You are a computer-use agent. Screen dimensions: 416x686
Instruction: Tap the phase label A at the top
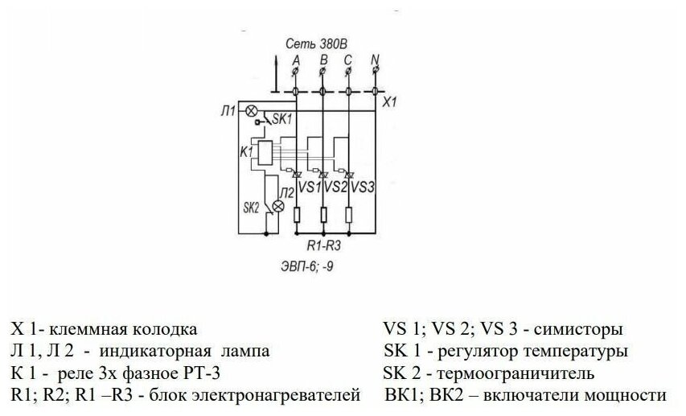296,60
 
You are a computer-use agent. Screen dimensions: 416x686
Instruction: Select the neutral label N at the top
375,60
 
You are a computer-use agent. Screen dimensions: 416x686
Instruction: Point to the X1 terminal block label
391,103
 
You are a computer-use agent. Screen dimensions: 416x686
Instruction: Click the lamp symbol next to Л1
250,110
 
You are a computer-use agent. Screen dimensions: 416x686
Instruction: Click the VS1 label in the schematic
309,187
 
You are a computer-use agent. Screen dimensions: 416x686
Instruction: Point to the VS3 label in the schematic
364,187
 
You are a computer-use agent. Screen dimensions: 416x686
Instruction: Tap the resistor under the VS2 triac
322,215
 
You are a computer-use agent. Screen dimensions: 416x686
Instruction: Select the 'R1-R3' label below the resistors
323,245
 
